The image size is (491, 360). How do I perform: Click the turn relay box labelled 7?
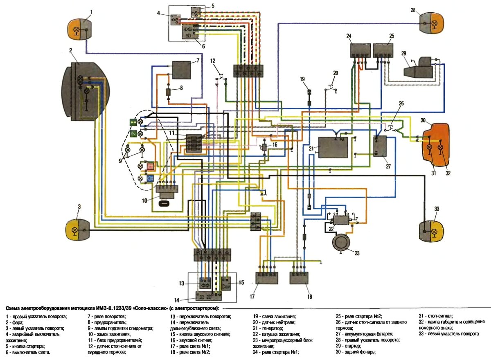[181, 70]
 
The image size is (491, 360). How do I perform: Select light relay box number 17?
[267, 278]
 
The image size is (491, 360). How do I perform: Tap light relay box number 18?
[301, 278]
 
